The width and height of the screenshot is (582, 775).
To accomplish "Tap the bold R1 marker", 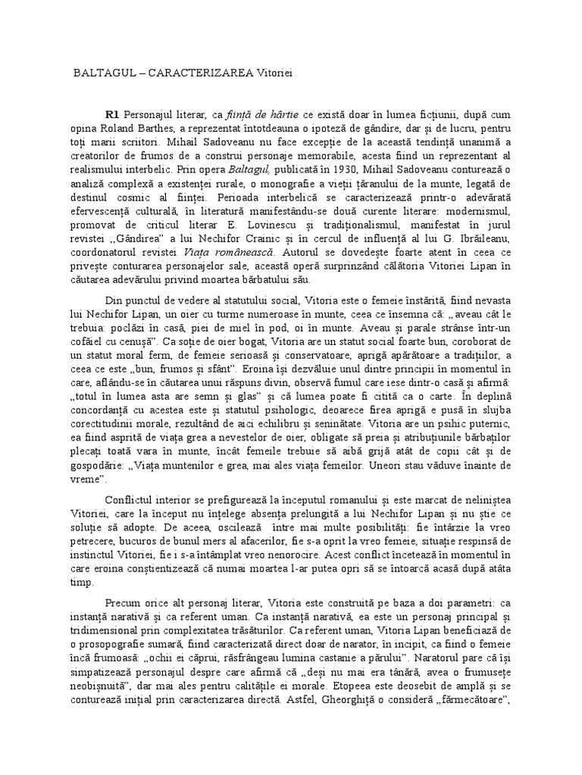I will click(114, 114).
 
